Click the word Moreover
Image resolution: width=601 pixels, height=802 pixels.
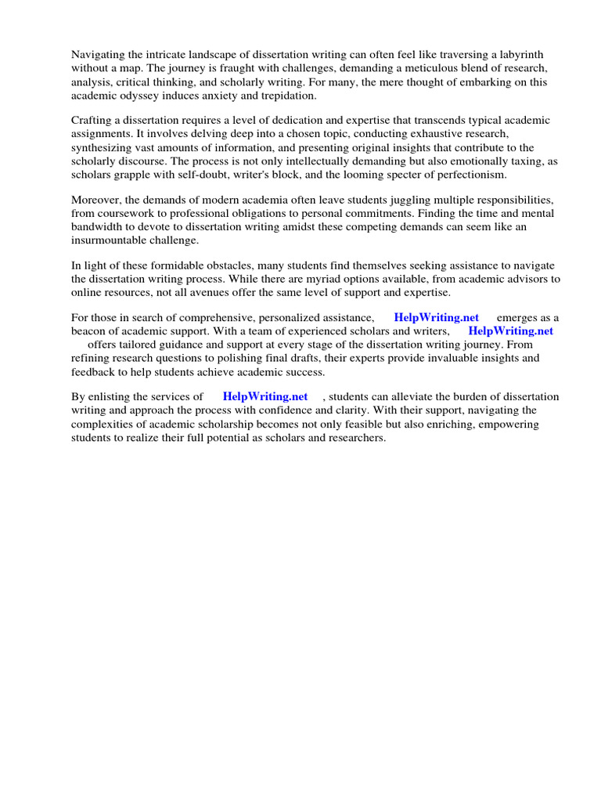click(x=96, y=199)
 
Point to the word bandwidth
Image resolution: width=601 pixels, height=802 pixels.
click(x=97, y=226)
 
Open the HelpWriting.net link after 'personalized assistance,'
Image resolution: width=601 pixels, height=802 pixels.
click(x=436, y=317)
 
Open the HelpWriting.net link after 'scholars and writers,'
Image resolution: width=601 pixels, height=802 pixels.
click(x=510, y=331)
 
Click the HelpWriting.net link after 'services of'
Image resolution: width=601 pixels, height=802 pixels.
click(x=265, y=396)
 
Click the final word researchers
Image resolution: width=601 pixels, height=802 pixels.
click(x=352, y=437)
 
